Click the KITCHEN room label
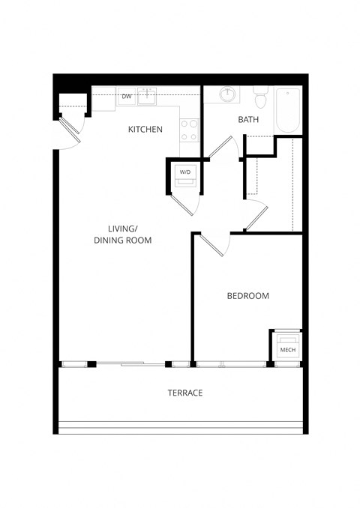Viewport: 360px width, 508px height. pos(145,130)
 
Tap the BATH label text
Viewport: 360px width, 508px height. pos(248,120)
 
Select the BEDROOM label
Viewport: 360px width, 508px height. pos(247,296)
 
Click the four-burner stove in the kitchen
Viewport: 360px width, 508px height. pos(189,131)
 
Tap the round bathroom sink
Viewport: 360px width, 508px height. pos(227,95)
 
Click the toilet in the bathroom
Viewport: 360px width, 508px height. pos(260,96)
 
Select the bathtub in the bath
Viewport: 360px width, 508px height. pos(288,111)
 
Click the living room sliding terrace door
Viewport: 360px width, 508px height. pos(127,364)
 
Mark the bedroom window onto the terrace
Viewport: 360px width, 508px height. pos(232,364)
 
